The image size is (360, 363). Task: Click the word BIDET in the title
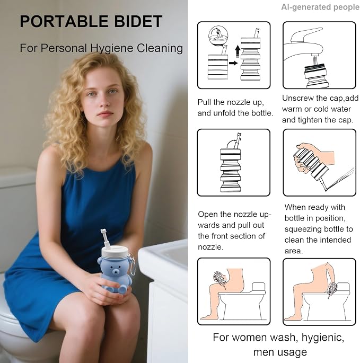click(138, 22)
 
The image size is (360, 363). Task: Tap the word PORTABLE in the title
click(64, 22)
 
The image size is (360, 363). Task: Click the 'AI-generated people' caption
click(320, 7)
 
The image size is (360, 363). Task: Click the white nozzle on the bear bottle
click(105, 238)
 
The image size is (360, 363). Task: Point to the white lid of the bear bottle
click(115, 252)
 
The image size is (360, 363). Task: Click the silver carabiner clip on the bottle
click(132, 265)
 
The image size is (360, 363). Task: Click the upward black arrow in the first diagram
click(238, 51)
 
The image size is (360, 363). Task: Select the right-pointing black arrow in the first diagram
click(233, 63)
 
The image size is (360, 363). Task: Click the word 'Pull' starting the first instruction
click(204, 102)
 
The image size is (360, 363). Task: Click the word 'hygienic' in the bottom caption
click(323, 338)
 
